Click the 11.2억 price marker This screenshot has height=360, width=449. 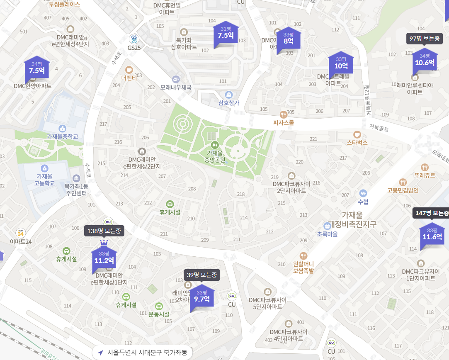[x=104, y=258]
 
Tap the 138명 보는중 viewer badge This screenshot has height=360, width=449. [x=104, y=231]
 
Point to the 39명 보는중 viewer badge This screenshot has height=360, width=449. [x=202, y=275]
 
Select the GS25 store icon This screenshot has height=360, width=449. [x=134, y=39]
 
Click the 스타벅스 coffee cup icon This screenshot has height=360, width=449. [x=357, y=134]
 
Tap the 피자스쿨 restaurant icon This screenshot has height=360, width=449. [x=283, y=114]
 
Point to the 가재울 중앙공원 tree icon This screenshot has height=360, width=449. [x=214, y=145]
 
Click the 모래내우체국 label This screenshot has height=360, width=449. [x=176, y=88]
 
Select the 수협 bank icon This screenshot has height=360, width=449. [x=363, y=194]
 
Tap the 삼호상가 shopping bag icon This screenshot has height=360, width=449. [x=229, y=95]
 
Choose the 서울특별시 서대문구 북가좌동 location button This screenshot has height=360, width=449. [x=142, y=353]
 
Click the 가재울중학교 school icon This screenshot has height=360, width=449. [x=63, y=129]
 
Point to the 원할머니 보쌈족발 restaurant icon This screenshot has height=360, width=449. [x=303, y=256]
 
